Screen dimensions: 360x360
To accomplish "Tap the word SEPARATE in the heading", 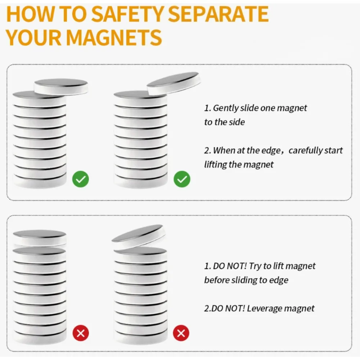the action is [x=219, y=14].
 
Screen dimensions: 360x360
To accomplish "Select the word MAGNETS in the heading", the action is [x=114, y=37].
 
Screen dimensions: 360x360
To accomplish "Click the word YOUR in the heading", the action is [x=34, y=37].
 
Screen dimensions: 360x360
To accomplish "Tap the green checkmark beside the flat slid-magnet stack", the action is [x=81, y=179].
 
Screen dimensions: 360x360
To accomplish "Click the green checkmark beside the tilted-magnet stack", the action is [x=182, y=179].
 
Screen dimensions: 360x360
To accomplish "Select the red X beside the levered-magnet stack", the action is [x=181, y=333].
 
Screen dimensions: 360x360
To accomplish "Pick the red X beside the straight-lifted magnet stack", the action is [x=81, y=333].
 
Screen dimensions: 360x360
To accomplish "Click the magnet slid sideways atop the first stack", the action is [x=61, y=86].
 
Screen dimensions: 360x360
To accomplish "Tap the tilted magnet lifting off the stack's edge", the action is [x=174, y=83].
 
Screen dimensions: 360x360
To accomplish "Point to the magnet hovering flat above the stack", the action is [x=40, y=238].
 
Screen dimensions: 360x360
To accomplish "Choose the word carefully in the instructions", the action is [x=305, y=150].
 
